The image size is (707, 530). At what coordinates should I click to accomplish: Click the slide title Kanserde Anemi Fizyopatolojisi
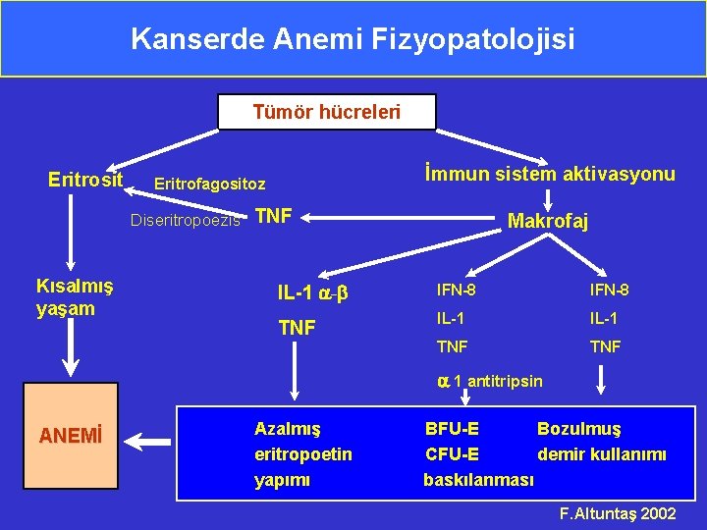(353, 39)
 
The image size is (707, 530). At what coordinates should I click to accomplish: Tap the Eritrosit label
(85, 180)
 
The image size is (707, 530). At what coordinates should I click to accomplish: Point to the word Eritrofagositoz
(209, 184)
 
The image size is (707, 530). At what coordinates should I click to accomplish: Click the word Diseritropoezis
(186, 220)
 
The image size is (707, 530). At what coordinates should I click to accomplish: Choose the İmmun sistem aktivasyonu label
(549, 174)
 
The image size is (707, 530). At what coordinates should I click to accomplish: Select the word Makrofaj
(548, 222)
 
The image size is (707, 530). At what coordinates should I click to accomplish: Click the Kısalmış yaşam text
(75, 297)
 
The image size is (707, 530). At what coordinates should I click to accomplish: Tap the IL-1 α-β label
(313, 291)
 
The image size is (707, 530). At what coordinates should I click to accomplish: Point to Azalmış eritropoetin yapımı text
(302, 453)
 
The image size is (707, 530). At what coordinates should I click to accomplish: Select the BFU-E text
(452, 429)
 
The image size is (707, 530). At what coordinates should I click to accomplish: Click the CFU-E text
(452, 453)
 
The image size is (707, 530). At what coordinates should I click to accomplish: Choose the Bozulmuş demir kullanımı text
(601, 442)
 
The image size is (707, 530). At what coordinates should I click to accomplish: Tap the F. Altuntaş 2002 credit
(617, 513)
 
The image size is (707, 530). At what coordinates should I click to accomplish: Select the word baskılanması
(478, 479)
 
